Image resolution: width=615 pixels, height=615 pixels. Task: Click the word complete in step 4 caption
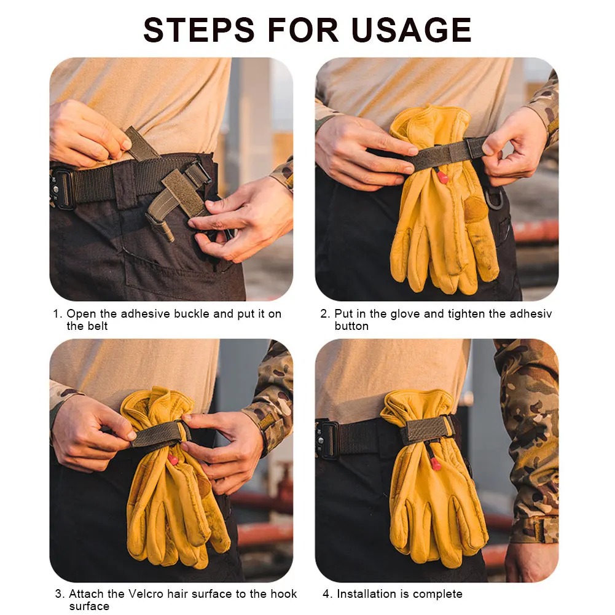click(x=438, y=594)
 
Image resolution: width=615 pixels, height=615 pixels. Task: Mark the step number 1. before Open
click(x=57, y=314)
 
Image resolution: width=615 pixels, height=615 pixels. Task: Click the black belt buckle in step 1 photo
click(x=62, y=187)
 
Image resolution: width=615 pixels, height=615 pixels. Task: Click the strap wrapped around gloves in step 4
click(x=426, y=429)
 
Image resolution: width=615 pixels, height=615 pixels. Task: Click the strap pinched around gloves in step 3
click(x=157, y=434)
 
